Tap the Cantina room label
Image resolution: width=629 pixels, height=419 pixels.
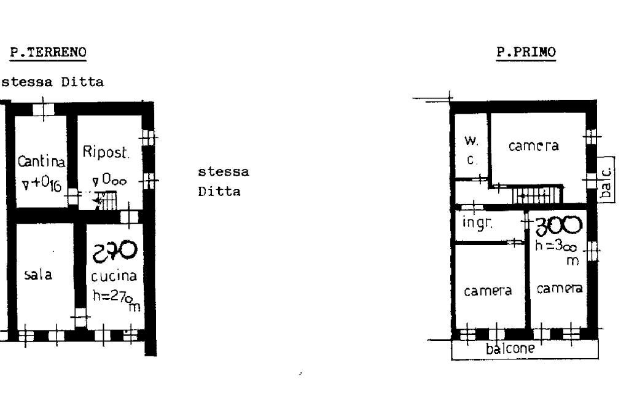pos(41,162)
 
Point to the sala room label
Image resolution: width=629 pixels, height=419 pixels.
pos(38,275)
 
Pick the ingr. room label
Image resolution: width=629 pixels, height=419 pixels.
pos(477,223)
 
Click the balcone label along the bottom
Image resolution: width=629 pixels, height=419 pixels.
pos(510,350)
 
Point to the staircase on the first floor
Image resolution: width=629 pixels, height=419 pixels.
pos(537,195)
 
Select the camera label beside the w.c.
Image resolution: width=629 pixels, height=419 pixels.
pos(533,146)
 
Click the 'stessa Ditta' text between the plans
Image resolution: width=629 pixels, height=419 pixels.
pos(224,181)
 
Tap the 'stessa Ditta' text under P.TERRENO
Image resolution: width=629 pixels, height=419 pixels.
pos(52,82)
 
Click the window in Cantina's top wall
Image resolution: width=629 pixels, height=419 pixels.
pos(43,108)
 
